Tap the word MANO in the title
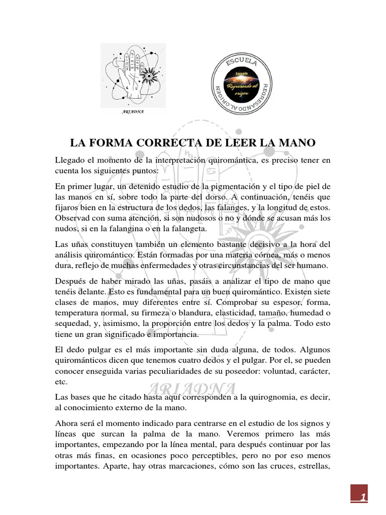click(x=297, y=143)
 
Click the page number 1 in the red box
click(x=361, y=497)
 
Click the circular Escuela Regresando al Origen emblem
click(x=243, y=83)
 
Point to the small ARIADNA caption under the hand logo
click(x=133, y=112)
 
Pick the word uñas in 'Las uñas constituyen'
click(x=81, y=244)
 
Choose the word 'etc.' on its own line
click(x=61, y=381)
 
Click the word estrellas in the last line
click(x=312, y=466)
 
